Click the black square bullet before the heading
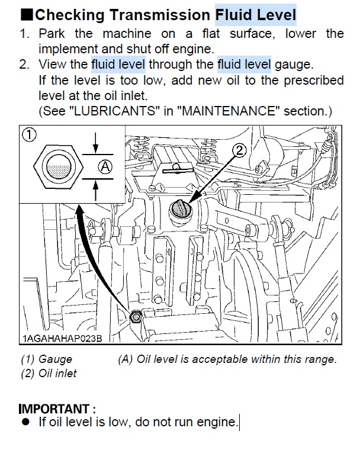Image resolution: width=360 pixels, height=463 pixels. pos(27,15)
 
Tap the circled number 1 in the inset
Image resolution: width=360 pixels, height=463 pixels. pos(29,135)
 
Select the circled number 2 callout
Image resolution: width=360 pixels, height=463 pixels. pos(239,150)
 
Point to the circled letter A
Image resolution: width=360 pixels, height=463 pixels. pos(105,167)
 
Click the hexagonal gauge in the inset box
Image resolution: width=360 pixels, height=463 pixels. pos(59,167)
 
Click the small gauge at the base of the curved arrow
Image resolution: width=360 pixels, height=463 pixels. pos(136,317)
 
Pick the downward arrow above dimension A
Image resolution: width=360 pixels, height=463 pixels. pos(95,143)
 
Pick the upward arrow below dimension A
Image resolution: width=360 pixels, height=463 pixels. pos(95,191)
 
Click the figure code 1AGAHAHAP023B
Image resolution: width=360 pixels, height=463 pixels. pos(62,338)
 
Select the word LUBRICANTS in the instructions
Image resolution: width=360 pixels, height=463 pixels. pos(115,111)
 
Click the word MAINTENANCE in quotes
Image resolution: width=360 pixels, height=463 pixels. pos(231,111)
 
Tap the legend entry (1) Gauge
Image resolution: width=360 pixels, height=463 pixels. pos(47,359)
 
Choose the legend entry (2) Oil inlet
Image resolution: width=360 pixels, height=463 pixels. pos(49,374)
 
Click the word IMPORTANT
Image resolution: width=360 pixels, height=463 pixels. pos(54,409)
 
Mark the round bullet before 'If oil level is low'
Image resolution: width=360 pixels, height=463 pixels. pos(25,422)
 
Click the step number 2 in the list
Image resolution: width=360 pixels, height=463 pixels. pos(24,65)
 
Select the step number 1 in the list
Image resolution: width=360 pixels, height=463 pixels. pos(24,34)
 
